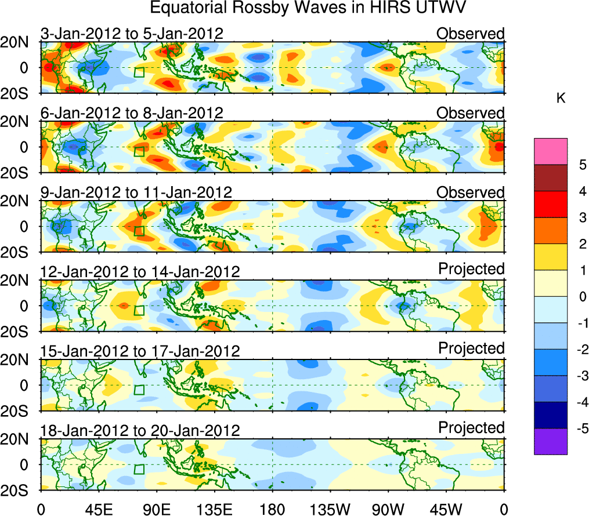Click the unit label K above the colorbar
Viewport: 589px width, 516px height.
pos(561,99)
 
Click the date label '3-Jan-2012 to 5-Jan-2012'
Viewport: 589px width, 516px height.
pos(132,34)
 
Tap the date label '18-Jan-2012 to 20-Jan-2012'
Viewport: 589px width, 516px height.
pos(140,431)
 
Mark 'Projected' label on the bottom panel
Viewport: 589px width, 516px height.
pos(471,428)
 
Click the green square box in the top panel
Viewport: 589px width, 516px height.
pos(139,72)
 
